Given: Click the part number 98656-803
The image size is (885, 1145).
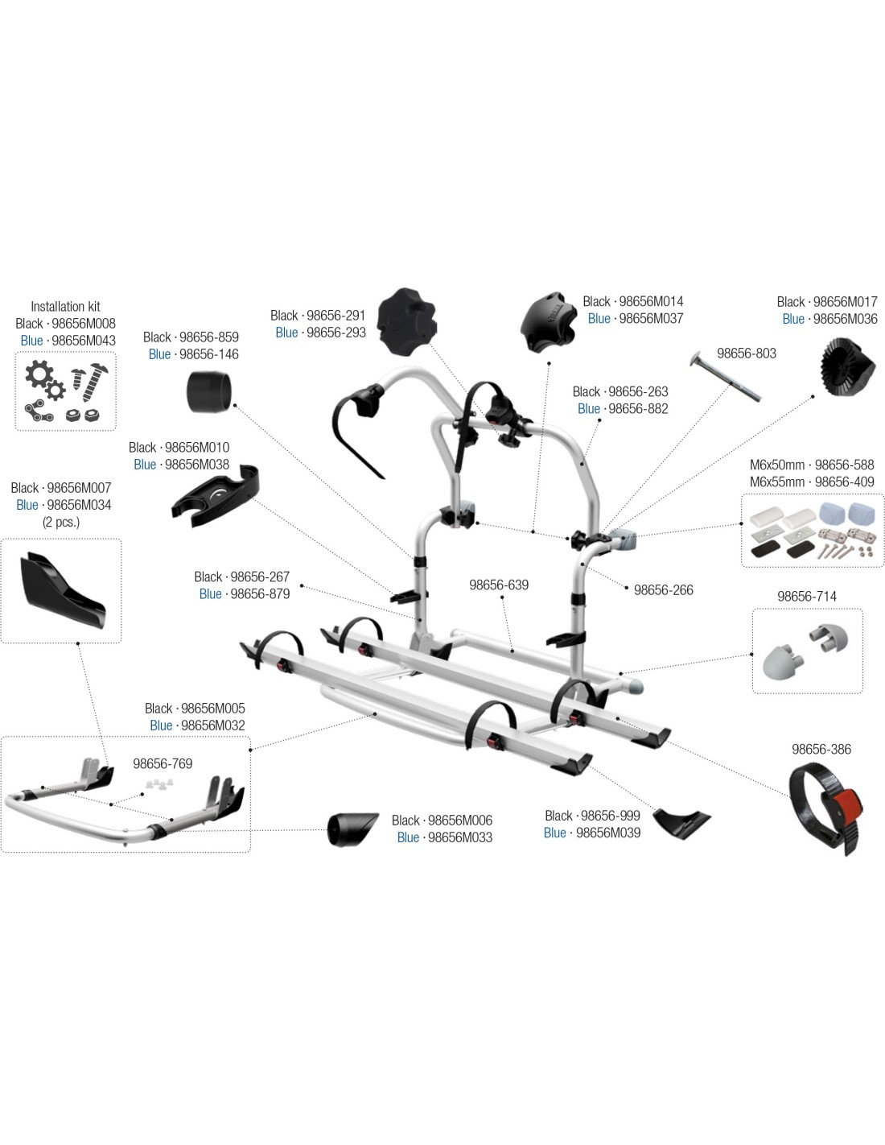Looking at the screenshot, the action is [747, 353].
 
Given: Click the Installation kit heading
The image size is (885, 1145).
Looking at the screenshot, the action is [65, 307].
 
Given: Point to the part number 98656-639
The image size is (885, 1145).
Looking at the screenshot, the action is [499, 585].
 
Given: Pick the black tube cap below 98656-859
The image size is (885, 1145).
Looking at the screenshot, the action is [208, 391].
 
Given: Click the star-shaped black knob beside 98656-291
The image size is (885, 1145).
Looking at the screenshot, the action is [407, 321].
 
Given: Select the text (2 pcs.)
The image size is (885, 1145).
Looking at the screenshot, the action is [61, 523].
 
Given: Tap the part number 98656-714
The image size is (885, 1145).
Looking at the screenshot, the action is [806, 597].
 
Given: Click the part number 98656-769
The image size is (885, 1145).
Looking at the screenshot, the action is [163, 763].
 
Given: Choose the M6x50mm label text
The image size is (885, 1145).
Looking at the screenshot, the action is [777, 465].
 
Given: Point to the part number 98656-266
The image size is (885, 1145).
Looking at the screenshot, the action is [664, 590].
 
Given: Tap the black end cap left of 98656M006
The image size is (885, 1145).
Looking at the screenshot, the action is [352, 830].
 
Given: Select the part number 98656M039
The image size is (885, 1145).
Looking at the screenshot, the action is [608, 833].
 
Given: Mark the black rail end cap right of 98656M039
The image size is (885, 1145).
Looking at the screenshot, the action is [681, 824].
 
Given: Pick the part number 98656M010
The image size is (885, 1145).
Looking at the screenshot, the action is [197, 448].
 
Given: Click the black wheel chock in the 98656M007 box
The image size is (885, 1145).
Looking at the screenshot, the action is [63, 591].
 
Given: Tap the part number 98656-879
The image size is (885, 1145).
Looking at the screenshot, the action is [260, 594].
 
